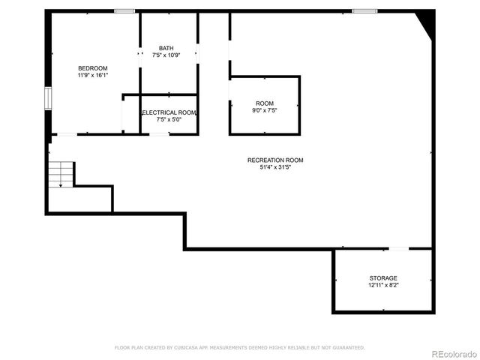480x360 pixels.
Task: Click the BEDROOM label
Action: [x=93, y=68]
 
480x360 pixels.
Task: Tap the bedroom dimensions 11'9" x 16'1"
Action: [x=93, y=76]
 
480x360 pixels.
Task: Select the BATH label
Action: [x=166, y=49]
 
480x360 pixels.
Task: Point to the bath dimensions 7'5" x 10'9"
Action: [x=166, y=55]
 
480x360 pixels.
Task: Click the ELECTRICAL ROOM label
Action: [x=169, y=112]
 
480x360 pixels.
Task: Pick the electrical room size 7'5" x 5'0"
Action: [x=169, y=119]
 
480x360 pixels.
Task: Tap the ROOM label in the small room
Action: [x=265, y=103]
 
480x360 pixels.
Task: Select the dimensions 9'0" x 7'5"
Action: [x=265, y=110]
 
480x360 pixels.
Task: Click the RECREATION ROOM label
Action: [x=275, y=160]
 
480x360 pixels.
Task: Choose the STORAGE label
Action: [x=383, y=278]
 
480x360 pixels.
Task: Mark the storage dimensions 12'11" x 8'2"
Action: [x=383, y=285]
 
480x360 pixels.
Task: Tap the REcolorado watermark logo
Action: [x=453, y=354]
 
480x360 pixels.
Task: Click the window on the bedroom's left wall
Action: [x=47, y=98]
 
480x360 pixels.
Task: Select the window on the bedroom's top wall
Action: [x=124, y=11]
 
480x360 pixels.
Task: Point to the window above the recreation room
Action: [x=364, y=11]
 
